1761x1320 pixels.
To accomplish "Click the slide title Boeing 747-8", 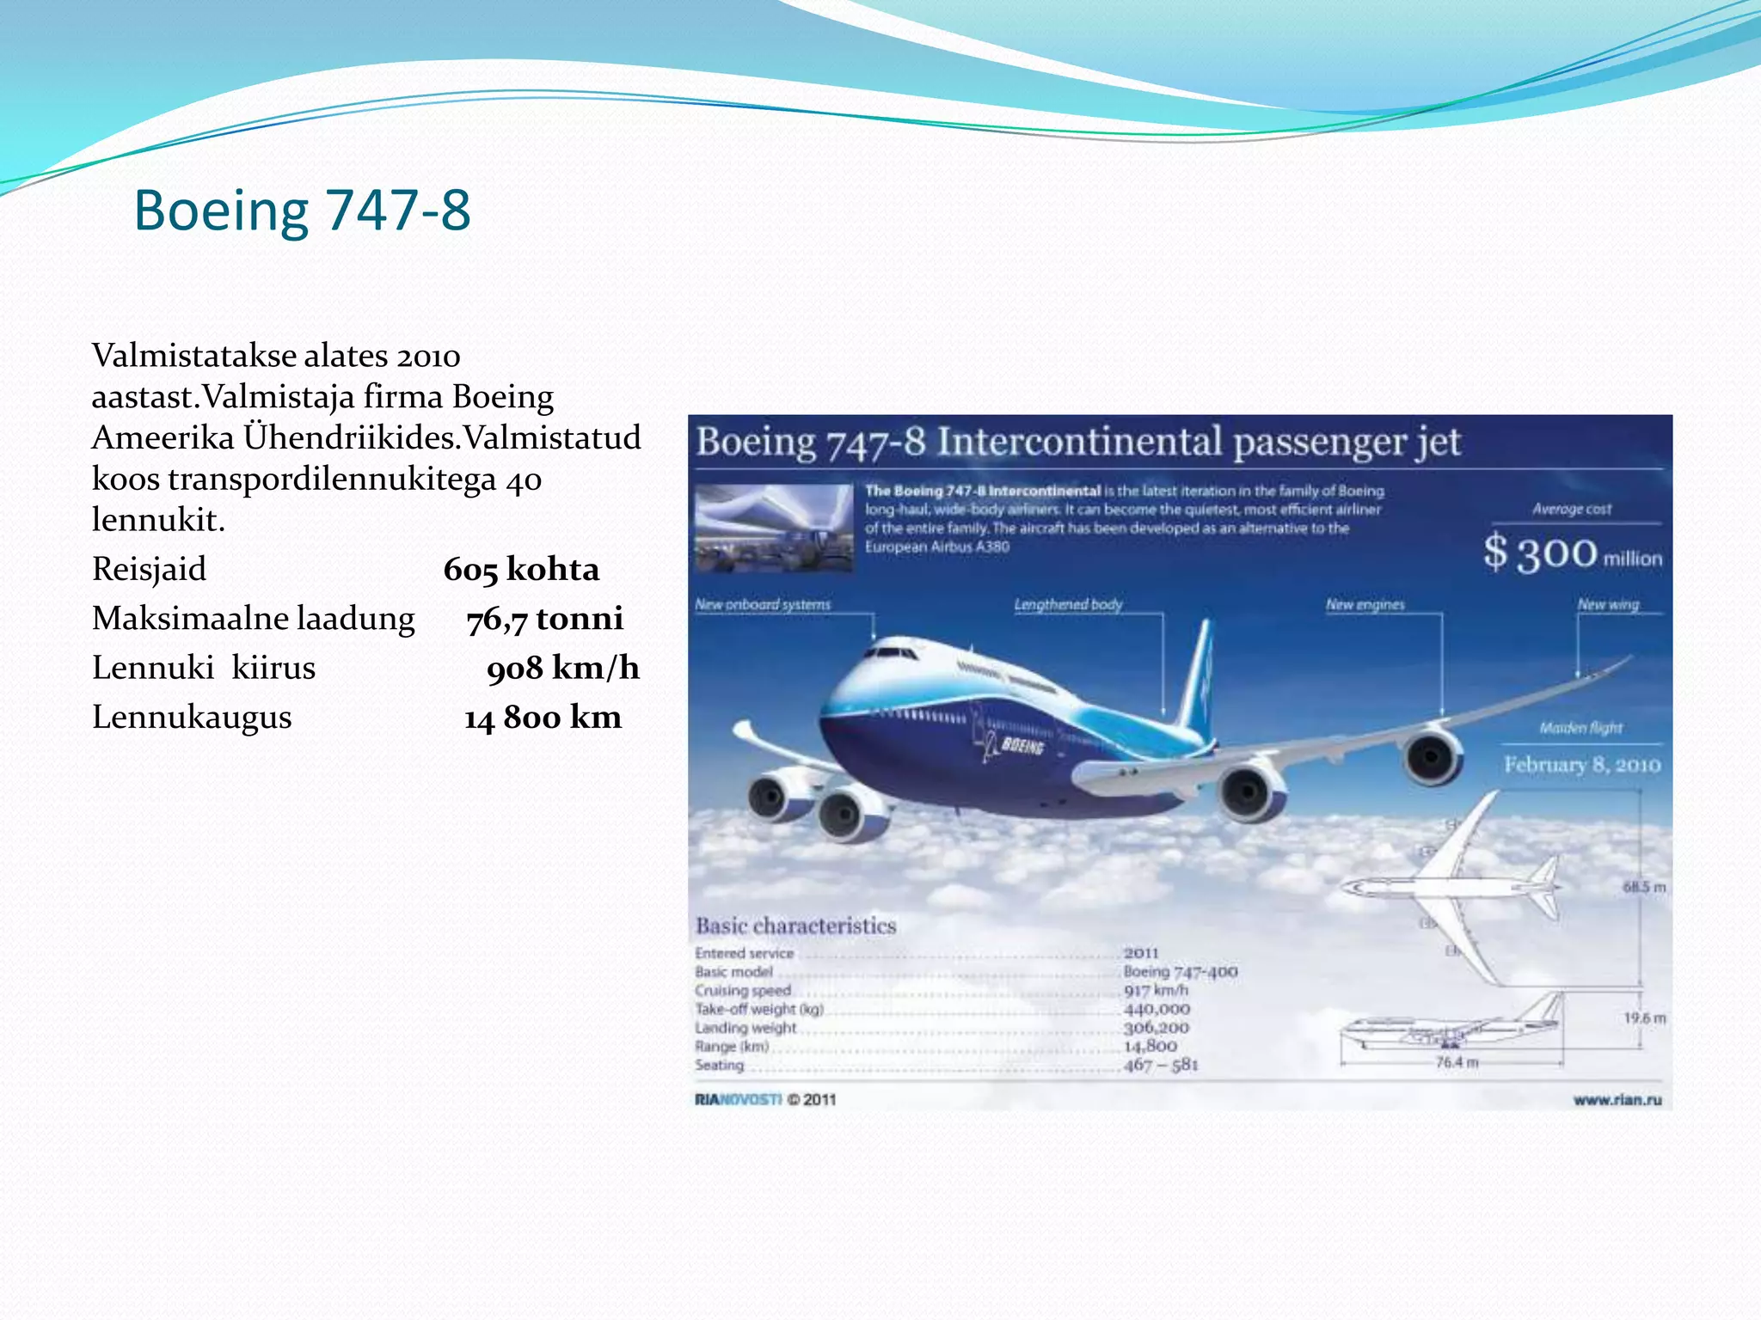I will pos(302,210).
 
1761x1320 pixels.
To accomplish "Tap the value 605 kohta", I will pos(521,569).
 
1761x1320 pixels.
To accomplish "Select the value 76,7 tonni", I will pos(544,618).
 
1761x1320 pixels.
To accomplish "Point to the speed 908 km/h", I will pos(562,668).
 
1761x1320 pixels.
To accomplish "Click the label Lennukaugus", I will pos(192,717).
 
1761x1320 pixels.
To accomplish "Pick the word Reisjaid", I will pos(149,569).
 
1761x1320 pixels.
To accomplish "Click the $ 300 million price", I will pos(1572,553).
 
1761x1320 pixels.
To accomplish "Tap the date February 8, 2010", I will pos(1581,764).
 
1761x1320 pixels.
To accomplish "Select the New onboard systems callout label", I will pos(763,604).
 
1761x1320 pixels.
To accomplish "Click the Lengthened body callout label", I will pos(1068,604).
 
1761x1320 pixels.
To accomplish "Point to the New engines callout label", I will pos(1365,604).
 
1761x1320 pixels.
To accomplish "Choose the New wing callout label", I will pos(1608,604).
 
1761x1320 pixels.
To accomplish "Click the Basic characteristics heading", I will pos(795,926).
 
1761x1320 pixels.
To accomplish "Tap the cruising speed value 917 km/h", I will pos(1156,990).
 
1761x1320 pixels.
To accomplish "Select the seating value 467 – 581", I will pos(1161,1065).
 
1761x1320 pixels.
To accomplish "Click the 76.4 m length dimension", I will pos(1457,1062).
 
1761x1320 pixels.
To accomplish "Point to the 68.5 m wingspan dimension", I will pos(1644,887).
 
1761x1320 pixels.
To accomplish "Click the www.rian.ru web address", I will pos(1617,1099).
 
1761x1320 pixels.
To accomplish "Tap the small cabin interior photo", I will pos(774,528).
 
